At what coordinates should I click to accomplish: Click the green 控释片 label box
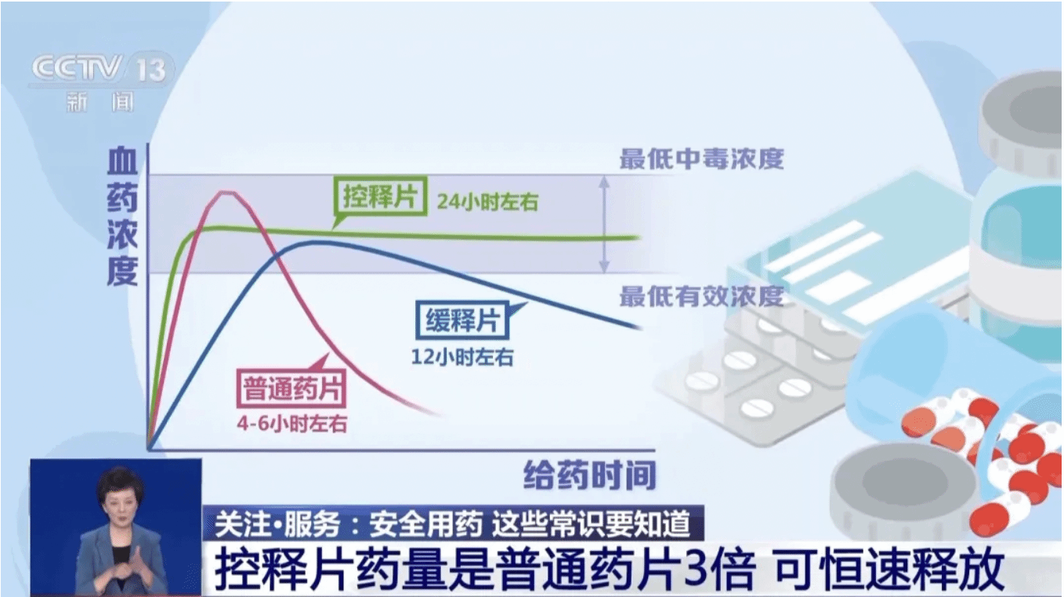coord(380,196)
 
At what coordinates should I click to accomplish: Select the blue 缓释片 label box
coord(462,320)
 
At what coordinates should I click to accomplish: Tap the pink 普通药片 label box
coord(291,389)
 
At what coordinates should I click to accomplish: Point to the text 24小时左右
coord(488,202)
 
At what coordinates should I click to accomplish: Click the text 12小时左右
coord(462,356)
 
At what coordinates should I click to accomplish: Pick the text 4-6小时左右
coord(291,423)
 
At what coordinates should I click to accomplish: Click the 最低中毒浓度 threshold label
coord(701,158)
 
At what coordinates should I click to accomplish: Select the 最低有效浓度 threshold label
coord(701,296)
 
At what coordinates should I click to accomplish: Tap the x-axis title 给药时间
coord(590,475)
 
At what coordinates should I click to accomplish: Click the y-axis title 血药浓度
coord(122,217)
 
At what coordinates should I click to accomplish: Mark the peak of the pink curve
coord(227,193)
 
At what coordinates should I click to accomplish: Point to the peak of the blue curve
coord(311,243)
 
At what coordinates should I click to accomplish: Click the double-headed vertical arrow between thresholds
coord(604,224)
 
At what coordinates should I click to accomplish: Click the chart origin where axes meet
coord(149,449)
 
